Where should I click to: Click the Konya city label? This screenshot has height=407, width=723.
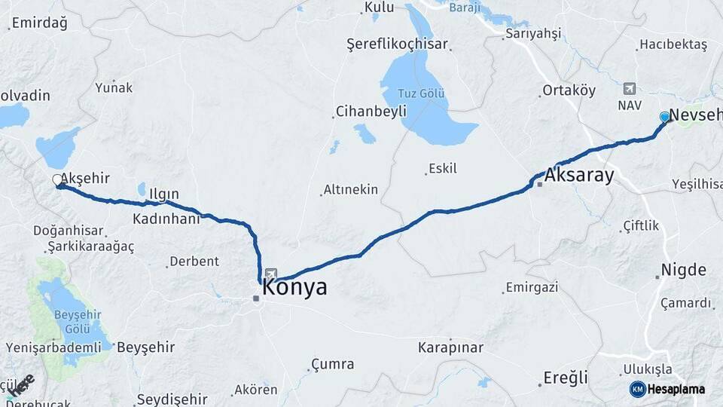click(x=295, y=288)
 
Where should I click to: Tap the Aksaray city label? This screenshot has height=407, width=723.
click(x=578, y=176)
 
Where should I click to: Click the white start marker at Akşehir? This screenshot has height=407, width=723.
click(x=57, y=180)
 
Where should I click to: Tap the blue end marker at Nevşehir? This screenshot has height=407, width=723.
click(x=664, y=117)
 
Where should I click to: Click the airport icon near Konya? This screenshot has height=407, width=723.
click(x=270, y=274)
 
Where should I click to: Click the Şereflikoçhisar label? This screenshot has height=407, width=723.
click(x=397, y=44)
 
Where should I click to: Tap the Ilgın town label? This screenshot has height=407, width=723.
click(x=163, y=194)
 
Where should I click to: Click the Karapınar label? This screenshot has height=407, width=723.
click(x=450, y=347)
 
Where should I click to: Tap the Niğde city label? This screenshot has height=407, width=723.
click(x=683, y=270)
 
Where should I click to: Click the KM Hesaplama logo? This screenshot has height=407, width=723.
click(x=668, y=389)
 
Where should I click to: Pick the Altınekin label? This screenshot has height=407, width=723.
click(x=350, y=190)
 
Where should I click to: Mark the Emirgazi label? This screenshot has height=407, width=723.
click(x=532, y=287)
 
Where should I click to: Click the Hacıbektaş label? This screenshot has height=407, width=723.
click(x=673, y=45)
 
